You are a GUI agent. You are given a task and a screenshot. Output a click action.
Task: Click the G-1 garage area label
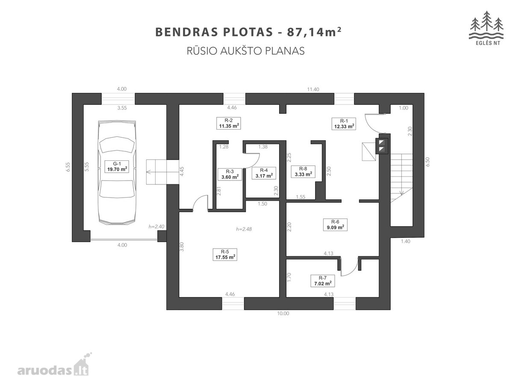117,166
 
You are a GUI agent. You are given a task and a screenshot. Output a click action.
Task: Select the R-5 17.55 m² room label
225,255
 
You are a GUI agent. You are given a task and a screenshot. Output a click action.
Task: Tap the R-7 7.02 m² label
322,281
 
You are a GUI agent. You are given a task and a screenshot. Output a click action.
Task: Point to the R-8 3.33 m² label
303,172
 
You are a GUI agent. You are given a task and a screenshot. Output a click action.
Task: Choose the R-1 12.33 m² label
344,124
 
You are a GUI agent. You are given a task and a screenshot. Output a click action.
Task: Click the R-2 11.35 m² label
229,123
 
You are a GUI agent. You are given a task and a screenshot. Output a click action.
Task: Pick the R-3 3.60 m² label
230,175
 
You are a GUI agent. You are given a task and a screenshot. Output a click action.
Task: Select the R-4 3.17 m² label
264,173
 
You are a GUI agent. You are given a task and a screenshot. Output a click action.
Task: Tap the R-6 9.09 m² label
335,225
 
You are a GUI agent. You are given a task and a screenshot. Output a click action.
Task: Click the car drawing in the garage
117,173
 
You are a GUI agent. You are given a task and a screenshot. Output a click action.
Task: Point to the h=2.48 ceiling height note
244,229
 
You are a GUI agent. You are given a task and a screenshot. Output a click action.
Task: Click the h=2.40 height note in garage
156,227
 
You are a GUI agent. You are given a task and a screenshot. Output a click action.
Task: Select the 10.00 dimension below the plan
283,314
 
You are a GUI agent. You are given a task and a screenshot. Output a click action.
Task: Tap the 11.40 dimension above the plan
313,89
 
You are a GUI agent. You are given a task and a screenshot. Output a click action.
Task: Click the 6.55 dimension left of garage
68,167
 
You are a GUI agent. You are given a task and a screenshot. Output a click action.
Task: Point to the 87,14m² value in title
314,32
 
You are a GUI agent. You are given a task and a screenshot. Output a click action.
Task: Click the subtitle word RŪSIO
202,51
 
